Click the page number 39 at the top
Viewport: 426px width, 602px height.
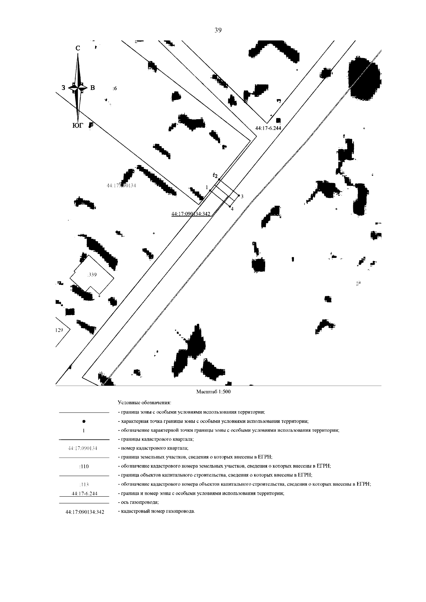(x=218, y=31)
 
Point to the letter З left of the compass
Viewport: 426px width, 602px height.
(x=63, y=88)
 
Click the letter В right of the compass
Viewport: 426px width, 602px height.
(x=93, y=88)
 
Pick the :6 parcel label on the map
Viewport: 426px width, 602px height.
(x=114, y=89)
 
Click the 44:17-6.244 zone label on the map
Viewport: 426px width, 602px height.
(x=268, y=128)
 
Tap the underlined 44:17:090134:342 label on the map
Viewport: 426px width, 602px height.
(x=191, y=214)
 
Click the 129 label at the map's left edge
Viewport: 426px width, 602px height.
(x=59, y=330)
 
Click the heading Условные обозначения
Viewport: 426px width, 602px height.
(x=144, y=403)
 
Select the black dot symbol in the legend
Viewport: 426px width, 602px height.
(x=83, y=421)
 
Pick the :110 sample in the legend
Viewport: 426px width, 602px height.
(x=84, y=466)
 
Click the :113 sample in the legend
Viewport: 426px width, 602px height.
(x=84, y=485)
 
